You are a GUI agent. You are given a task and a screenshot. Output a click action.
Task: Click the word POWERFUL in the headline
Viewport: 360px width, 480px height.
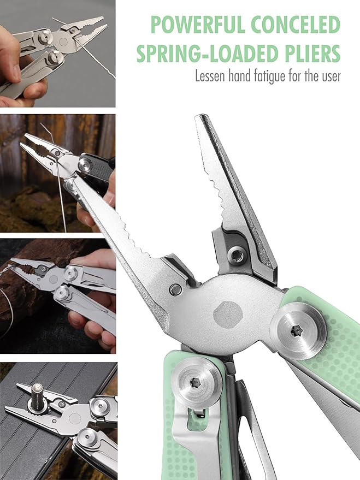click(198, 25)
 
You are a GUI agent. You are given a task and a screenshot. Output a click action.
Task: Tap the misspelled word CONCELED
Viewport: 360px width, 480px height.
click(296, 25)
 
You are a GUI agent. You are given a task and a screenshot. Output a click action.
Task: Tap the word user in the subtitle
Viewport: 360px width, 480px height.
click(331, 76)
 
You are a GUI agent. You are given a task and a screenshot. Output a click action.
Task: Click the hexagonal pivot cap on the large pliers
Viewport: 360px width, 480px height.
click(228, 315)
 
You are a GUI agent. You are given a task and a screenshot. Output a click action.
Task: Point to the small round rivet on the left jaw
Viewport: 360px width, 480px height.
click(175, 289)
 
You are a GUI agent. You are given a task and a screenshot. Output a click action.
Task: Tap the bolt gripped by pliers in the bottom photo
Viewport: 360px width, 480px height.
click(38, 395)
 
